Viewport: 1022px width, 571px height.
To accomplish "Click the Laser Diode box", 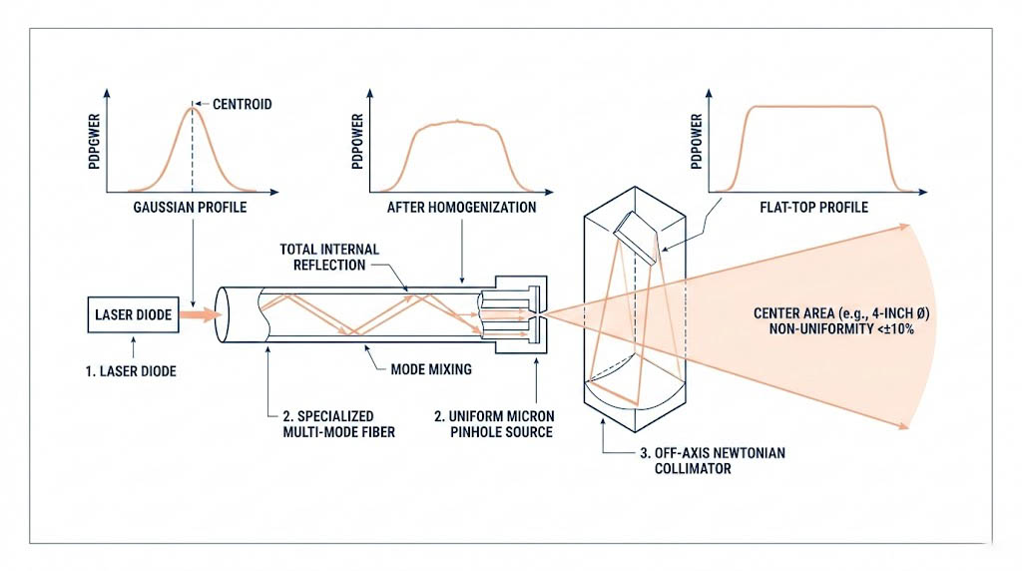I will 135,315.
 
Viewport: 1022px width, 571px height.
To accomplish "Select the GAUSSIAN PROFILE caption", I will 190,209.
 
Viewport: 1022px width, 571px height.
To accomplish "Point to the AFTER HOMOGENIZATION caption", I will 462,209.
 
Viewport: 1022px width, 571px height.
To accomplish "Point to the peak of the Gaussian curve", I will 193,107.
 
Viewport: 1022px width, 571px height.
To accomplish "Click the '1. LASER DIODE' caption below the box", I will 131,372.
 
